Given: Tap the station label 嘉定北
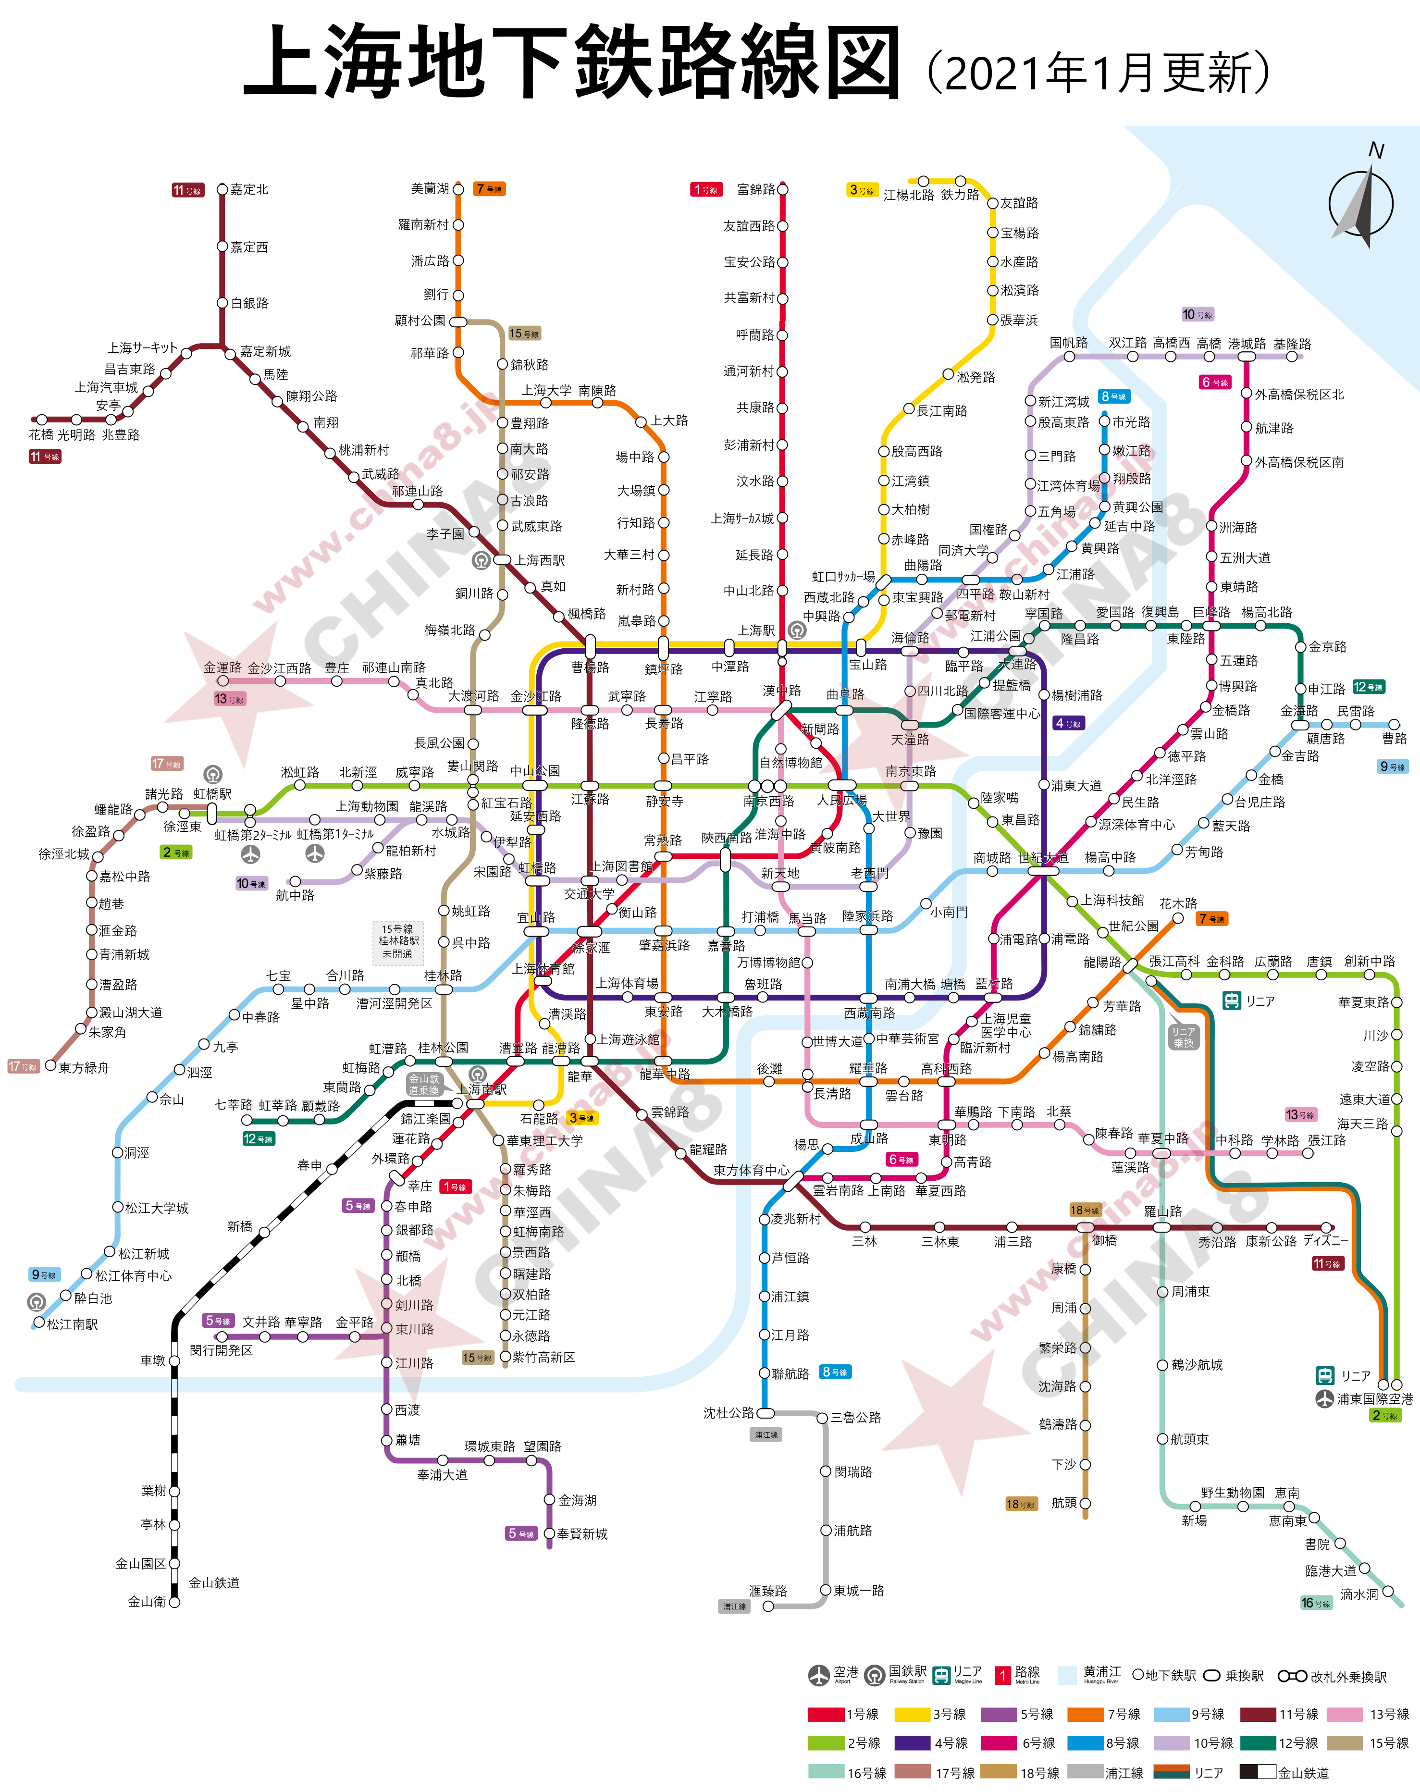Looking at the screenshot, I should pos(249,189).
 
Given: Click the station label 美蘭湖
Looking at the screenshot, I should pos(429,189).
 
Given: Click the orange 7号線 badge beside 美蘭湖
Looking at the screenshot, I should pos(489,189).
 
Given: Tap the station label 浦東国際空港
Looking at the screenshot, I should pos(1374,1399).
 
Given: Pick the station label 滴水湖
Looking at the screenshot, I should pos(1358,1594).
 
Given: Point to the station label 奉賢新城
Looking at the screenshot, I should pos(582,1533).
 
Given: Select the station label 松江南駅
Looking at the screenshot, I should pos(73,1324).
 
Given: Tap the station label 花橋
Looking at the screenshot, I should pos(41,435).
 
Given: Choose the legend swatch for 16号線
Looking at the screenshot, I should pos(826,1771).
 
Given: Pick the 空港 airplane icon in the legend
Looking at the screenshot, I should pos(819,1675).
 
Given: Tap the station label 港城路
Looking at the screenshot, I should pos(1246,343).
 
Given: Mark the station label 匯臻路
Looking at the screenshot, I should pos(767,1591).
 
